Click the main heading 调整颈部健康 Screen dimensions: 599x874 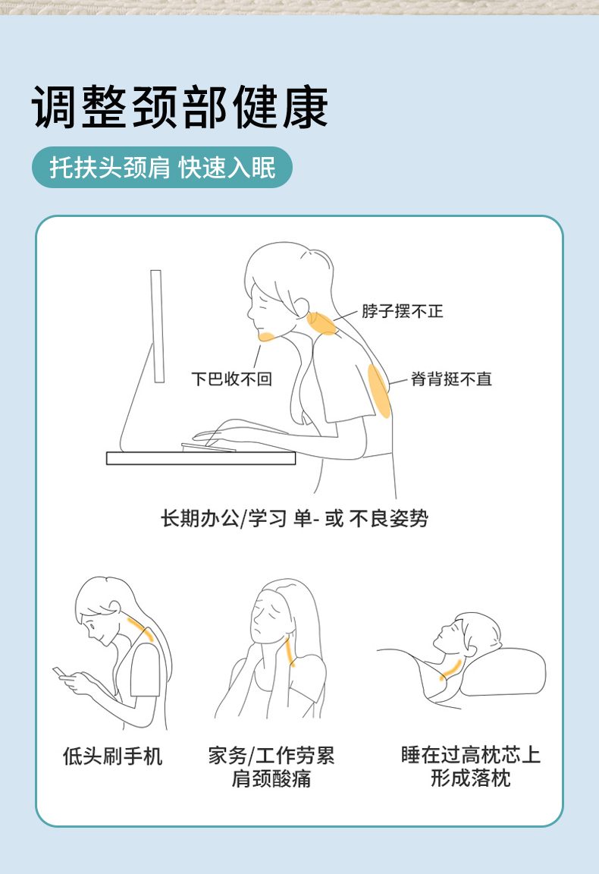pyautogui.click(x=180, y=107)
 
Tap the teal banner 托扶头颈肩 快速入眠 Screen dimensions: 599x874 pyautogui.click(x=162, y=167)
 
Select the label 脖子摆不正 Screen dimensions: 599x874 pyautogui.click(x=403, y=311)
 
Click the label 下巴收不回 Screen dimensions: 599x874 pyautogui.click(x=231, y=379)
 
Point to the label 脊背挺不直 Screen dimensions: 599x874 pyautogui.click(x=451, y=379)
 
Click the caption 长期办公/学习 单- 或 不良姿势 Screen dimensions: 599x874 pyautogui.click(x=294, y=518)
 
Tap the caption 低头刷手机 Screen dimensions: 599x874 pyautogui.click(x=112, y=756)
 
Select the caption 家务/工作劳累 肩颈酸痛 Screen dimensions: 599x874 pyautogui.click(x=271, y=767)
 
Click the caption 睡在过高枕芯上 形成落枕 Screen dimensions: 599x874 pyautogui.click(x=471, y=766)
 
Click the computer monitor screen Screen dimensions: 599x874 pyautogui.click(x=157, y=326)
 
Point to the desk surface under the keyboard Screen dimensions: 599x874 pyautogui.click(x=201, y=458)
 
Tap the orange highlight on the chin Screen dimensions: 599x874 pyautogui.click(x=267, y=336)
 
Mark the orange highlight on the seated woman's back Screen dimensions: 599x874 pyautogui.click(x=379, y=391)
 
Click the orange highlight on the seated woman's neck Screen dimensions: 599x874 pyautogui.click(x=322, y=323)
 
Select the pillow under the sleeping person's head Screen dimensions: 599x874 pyautogui.click(x=501, y=671)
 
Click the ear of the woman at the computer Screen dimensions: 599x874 pyautogui.click(x=301, y=307)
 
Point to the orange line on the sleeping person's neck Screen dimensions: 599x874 pyautogui.click(x=450, y=669)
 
